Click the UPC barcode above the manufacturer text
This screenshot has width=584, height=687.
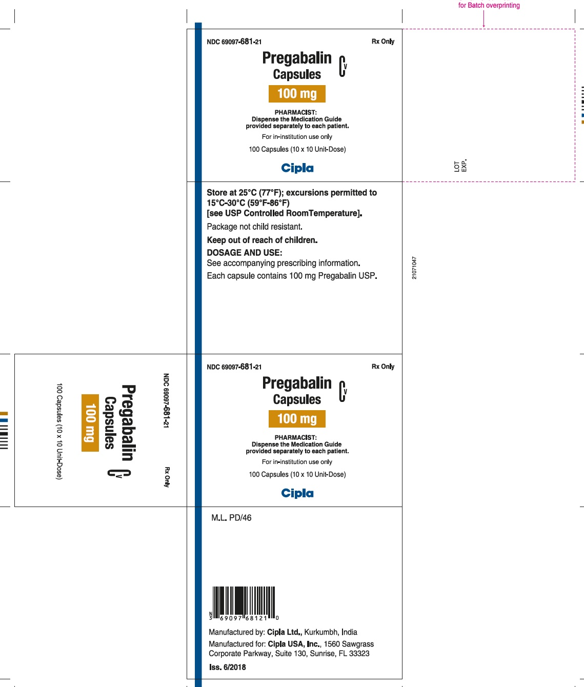click(x=244, y=603)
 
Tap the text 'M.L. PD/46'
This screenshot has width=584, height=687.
click(x=231, y=518)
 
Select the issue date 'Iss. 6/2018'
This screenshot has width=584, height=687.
click(x=227, y=667)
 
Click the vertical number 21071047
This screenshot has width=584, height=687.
click(x=414, y=268)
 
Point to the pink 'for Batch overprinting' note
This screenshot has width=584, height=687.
click(x=489, y=5)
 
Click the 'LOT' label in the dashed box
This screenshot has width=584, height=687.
click(x=457, y=167)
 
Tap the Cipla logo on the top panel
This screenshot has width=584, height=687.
click(x=297, y=168)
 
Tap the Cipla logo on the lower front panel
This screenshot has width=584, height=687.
click(x=297, y=493)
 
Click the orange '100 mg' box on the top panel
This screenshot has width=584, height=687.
click(x=297, y=94)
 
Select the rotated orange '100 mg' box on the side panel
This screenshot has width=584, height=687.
click(x=90, y=423)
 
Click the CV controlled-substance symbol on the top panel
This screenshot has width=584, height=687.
click(x=343, y=67)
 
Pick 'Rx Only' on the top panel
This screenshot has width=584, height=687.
click(x=383, y=42)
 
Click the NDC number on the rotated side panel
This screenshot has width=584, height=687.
click(x=166, y=400)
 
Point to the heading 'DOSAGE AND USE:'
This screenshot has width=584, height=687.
click(x=244, y=253)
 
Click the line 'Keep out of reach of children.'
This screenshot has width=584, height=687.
click(x=262, y=240)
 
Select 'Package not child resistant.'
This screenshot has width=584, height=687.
click(x=255, y=227)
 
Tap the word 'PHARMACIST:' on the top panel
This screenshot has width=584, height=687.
click(x=295, y=112)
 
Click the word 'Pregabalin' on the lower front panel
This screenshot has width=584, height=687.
click(x=297, y=383)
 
